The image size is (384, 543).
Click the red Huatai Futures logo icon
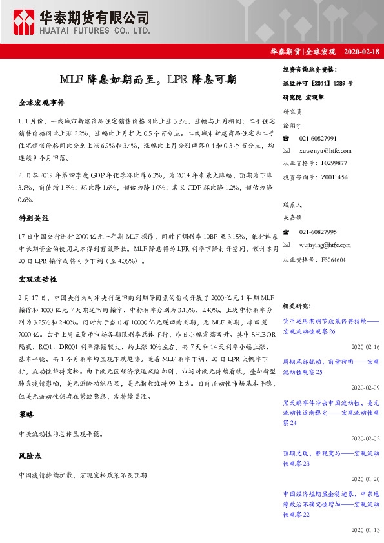tap(25, 22)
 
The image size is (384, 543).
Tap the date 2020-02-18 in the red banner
tap(361, 51)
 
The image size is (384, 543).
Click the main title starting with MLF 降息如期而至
tap(148, 80)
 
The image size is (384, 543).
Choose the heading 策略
tap(26, 415)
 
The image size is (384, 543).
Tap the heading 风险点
tap(30, 455)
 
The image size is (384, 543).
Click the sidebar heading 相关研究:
tap(298, 306)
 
